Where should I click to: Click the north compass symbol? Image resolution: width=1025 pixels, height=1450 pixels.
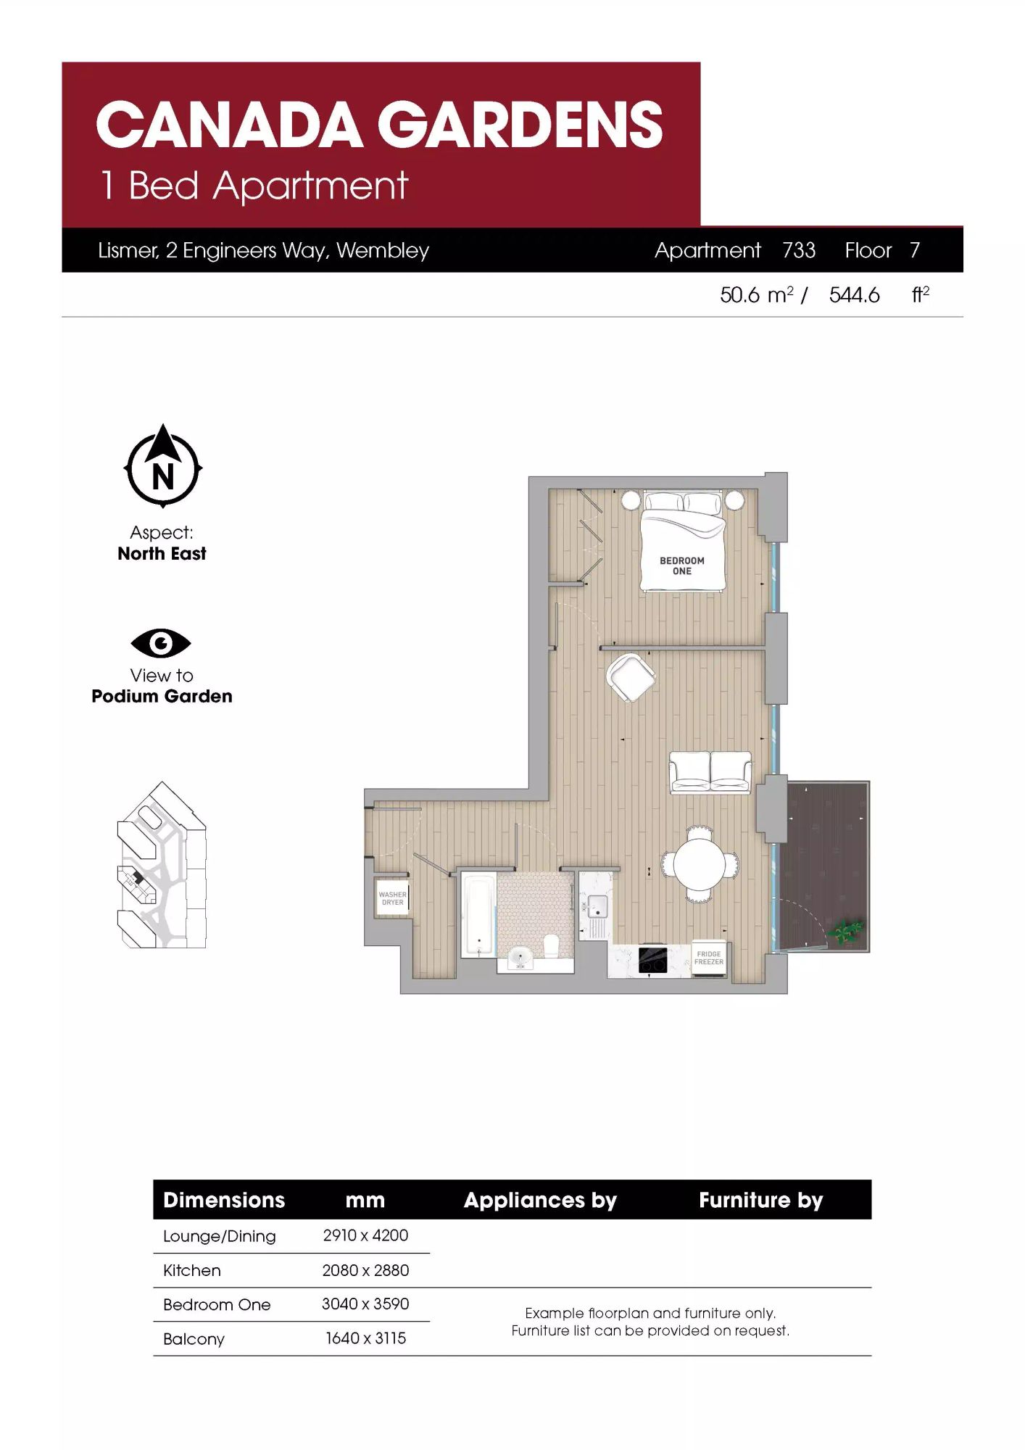pos(162,467)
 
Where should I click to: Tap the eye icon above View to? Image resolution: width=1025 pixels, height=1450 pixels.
pos(161,643)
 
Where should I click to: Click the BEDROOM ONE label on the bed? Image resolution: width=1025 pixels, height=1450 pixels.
pos(681,565)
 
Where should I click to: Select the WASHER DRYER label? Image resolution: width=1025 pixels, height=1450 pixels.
pos(392,898)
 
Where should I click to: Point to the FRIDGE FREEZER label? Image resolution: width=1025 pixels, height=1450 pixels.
pos(709,958)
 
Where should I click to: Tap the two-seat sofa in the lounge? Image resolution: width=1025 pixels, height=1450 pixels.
pos(710,773)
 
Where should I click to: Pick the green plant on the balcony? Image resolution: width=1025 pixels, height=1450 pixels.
pos(846,931)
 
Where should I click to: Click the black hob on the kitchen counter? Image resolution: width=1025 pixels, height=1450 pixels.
pos(652,960)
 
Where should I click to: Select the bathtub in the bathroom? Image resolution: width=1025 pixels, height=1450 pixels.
pos(478,915)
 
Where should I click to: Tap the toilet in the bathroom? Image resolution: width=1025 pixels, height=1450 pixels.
pos(551,945)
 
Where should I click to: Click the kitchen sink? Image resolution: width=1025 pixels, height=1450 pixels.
pos(597,906)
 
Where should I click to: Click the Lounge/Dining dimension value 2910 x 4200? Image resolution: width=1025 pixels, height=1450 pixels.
pos(365,1235)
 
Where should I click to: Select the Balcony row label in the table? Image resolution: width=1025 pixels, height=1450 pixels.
pos(194,1339)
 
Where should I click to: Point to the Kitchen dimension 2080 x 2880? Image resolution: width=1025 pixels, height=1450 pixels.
pos(365,1270)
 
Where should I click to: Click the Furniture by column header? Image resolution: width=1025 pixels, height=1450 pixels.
pos(760,1201)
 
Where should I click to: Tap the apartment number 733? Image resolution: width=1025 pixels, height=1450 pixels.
pos(799,250)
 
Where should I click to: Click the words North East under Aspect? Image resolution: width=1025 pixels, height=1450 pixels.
pos(162,554)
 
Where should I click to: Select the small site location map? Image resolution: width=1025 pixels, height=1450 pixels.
pos(162,864)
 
